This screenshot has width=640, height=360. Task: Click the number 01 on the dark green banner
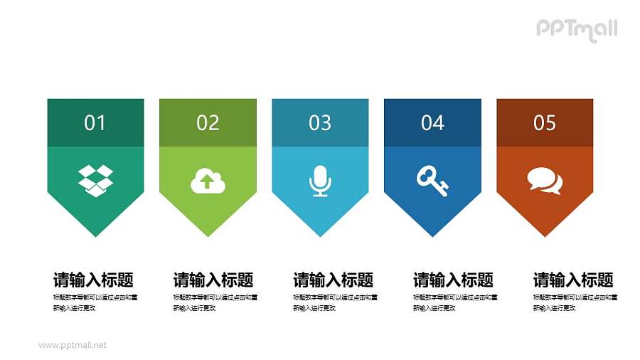(95, 123)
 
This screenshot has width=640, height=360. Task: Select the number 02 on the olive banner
(208, 123)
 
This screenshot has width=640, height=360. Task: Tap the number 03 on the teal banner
(320, 123)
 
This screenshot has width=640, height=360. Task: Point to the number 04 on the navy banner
(432, 123)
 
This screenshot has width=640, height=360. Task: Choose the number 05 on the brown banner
(545, 123)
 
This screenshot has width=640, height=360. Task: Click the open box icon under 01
(95, 180)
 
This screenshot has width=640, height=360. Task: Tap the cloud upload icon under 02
(208, 181)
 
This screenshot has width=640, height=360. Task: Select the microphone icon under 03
(320, 181)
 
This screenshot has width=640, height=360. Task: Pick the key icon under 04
(432, 181)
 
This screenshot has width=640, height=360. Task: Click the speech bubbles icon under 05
(545, 181)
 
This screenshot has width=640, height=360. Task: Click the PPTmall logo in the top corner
(577, 29)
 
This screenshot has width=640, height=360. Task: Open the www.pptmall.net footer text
(73, 345)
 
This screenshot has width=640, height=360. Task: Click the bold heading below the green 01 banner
(93, 280)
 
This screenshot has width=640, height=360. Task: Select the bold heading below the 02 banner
(213, 280)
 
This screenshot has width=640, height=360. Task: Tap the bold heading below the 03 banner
(334, 280)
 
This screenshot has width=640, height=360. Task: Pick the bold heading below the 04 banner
(454, 280)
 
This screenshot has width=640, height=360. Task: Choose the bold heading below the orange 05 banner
(573, 280)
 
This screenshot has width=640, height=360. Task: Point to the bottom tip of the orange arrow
(545, 235)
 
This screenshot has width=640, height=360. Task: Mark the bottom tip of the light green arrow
(208, 235)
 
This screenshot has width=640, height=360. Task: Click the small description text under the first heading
(95, 302)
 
